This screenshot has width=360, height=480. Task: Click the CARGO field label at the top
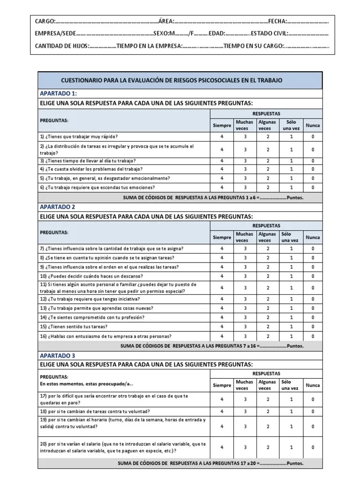pos(45,21)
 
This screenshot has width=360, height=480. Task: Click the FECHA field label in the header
pos(277,21)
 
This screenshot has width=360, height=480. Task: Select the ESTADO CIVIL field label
pos(270,34)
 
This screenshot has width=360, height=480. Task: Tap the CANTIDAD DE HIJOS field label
pos(61,46)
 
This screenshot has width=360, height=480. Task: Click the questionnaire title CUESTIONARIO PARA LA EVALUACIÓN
pos(172,81)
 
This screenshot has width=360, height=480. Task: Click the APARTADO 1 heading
pos(58,93)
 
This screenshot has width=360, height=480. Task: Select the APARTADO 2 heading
pos(57,206)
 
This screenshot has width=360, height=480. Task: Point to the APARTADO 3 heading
pos(57,355)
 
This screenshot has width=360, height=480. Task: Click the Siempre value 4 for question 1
pos(222,136)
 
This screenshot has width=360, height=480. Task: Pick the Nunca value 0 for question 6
pos(313,187)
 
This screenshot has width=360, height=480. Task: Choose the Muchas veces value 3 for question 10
pos(245,276)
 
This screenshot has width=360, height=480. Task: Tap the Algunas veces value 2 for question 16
pos(268,336)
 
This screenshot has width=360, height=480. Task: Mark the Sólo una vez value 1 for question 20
pos(291,447)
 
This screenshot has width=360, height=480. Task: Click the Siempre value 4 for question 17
pos(222,399)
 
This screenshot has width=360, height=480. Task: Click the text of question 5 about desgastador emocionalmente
pos(105,178)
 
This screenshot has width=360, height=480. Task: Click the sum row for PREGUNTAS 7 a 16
pos(212,346)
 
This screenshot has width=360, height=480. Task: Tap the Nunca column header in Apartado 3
pos(313,385)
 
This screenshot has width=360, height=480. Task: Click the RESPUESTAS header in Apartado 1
pos(266,113)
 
